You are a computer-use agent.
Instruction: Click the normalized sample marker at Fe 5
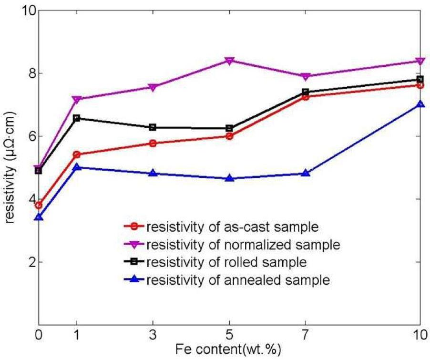click(229, 61)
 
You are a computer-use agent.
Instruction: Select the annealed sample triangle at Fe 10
click(420, 103)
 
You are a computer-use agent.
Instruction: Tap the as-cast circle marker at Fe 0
click(39, 205)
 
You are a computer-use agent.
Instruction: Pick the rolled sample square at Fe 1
click(77, 118)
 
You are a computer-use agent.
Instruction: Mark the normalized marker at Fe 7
click(306, 76)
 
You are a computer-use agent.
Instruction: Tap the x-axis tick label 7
click(306, 336)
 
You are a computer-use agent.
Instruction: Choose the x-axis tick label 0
click(39, 336)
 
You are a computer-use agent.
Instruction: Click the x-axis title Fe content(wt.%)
click(229, 350)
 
